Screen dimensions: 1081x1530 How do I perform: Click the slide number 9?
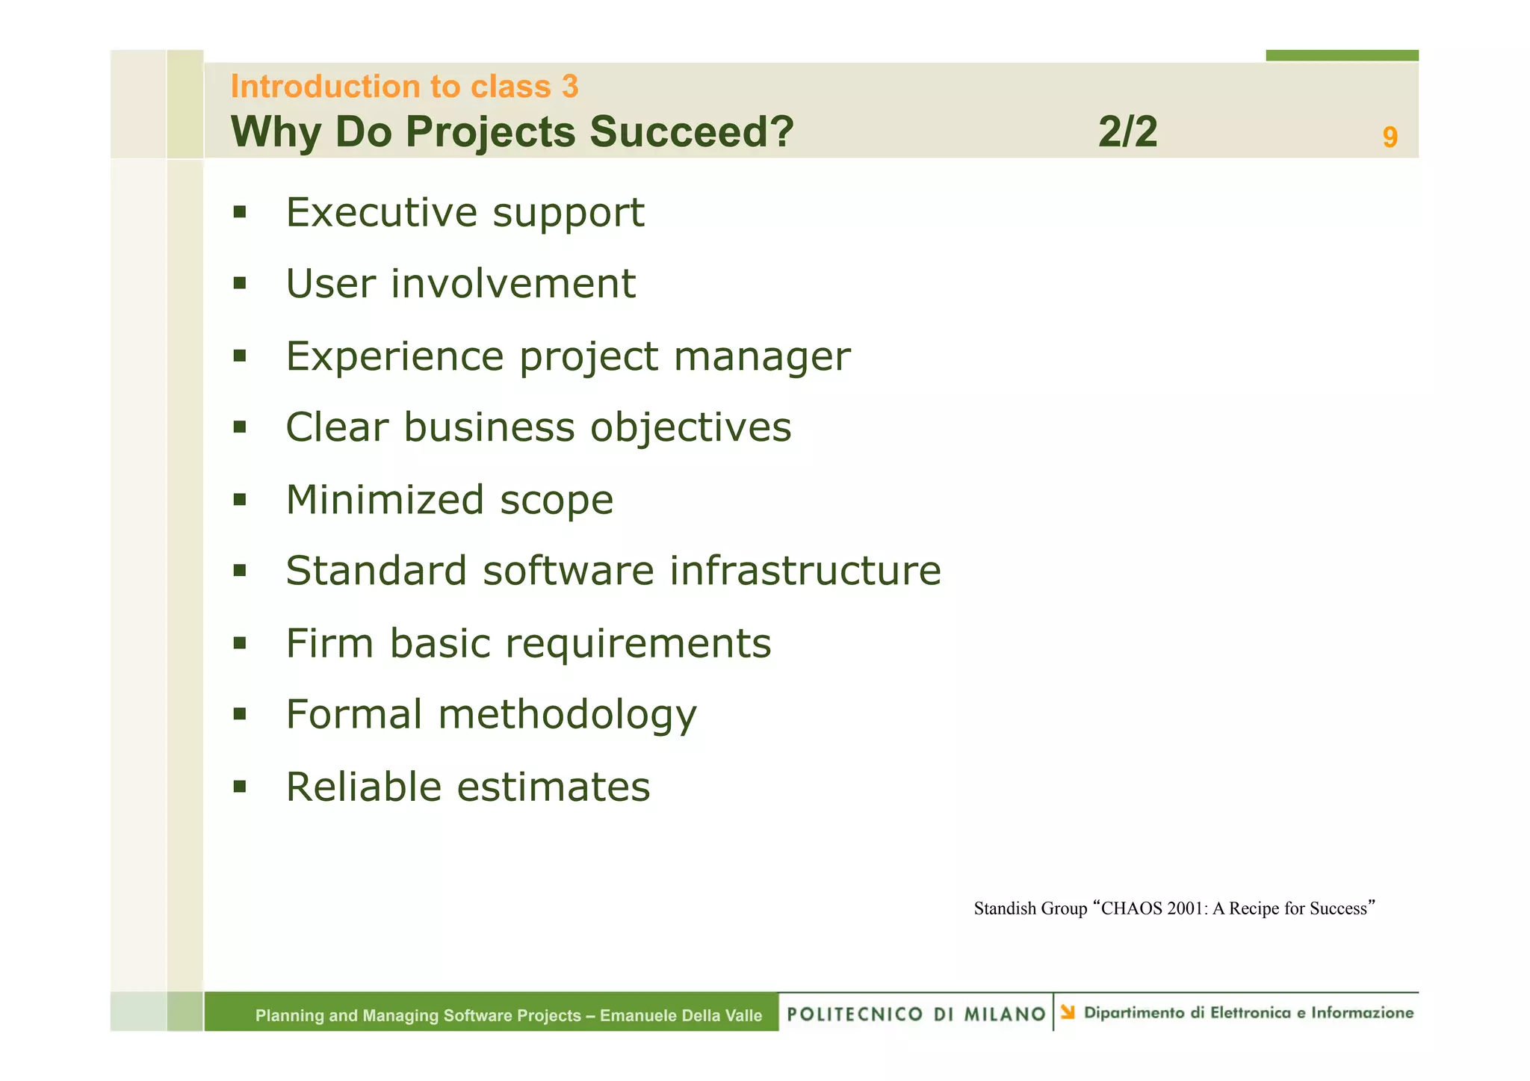(x=1389, y=137)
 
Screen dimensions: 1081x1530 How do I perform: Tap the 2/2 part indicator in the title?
(x=1127, y=132)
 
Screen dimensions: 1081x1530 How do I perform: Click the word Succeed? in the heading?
(x=691, y=132)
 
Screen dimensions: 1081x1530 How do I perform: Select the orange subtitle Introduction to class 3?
(x=404, y=87)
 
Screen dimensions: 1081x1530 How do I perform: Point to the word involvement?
(x=512, y=284)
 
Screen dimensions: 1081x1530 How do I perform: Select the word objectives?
(x=690, y=427)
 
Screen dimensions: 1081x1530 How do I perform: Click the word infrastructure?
(x=805, y=571)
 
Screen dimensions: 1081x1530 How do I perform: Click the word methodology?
(x=567, y=715)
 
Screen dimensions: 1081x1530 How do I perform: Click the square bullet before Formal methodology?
(x=239, y=714)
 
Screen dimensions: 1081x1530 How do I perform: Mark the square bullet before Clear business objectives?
(x=239, y=427)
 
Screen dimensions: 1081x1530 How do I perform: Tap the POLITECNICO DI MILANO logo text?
(x=916, y=1014)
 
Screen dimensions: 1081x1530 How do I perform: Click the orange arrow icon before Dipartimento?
(x=1068, y=1012)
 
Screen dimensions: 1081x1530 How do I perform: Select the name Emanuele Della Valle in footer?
(x=681, y=1015)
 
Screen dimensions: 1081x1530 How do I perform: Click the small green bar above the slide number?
(x=1341, y=55)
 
